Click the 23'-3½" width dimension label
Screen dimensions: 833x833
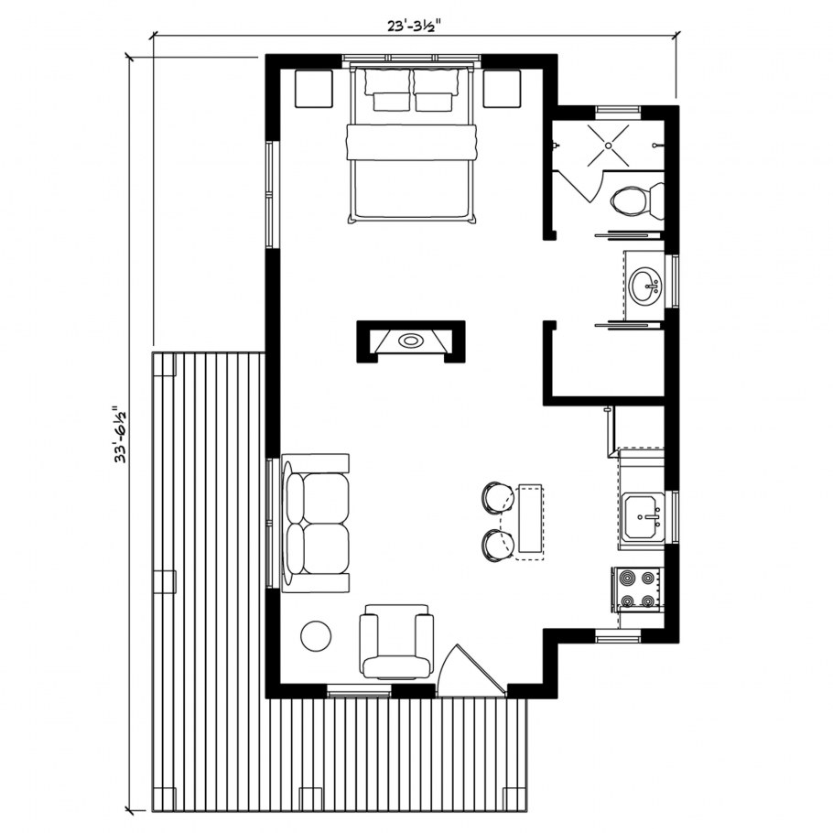tap(411, 27)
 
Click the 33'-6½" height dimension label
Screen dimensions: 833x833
tap(120, 435)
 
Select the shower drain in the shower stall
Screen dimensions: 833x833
tap(609, 145)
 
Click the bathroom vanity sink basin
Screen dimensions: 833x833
tap(646, 286)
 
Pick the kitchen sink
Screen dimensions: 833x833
tap(643, 516)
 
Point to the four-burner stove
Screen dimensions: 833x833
tap(637, 589)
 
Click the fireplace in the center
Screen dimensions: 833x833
tap(411, 341)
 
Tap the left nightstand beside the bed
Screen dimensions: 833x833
tap(314, 89)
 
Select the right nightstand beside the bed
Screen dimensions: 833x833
tap(502, 89)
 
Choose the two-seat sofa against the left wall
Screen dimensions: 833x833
tap(316, 524)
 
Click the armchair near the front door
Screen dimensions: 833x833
tap(396, 642)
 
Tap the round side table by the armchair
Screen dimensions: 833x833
tap(316, 635)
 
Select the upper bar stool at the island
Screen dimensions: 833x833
tap(498, 497)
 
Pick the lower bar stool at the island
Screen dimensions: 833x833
tap(498, 546)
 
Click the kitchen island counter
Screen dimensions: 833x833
tap(530, 522)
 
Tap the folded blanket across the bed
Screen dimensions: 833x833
tap(411, 142)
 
